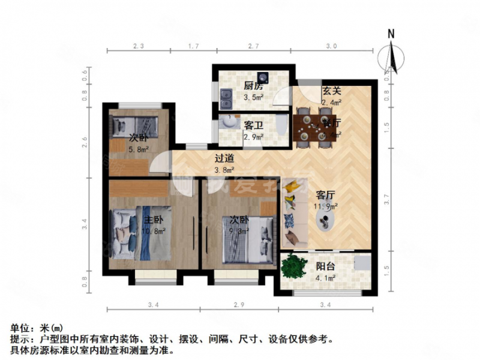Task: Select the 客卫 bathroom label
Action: [253, 125]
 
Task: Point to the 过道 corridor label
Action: [224, 158]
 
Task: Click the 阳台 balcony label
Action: [326, 266]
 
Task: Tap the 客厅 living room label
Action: [325, 195]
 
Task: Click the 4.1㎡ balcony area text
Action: [326, 278]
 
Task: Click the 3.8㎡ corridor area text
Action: [224, 169]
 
